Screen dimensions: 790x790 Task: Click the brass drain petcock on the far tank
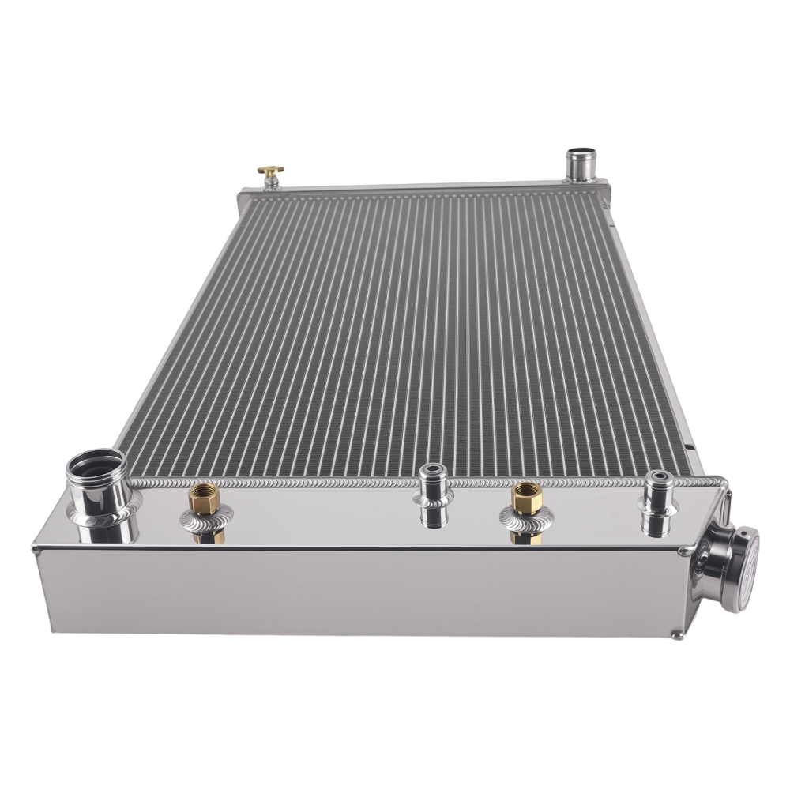(271, 177)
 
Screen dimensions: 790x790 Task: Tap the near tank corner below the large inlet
(37, 548)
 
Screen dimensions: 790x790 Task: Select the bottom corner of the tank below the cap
(676, 634)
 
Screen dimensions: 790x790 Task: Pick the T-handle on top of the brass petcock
(271, 170)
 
